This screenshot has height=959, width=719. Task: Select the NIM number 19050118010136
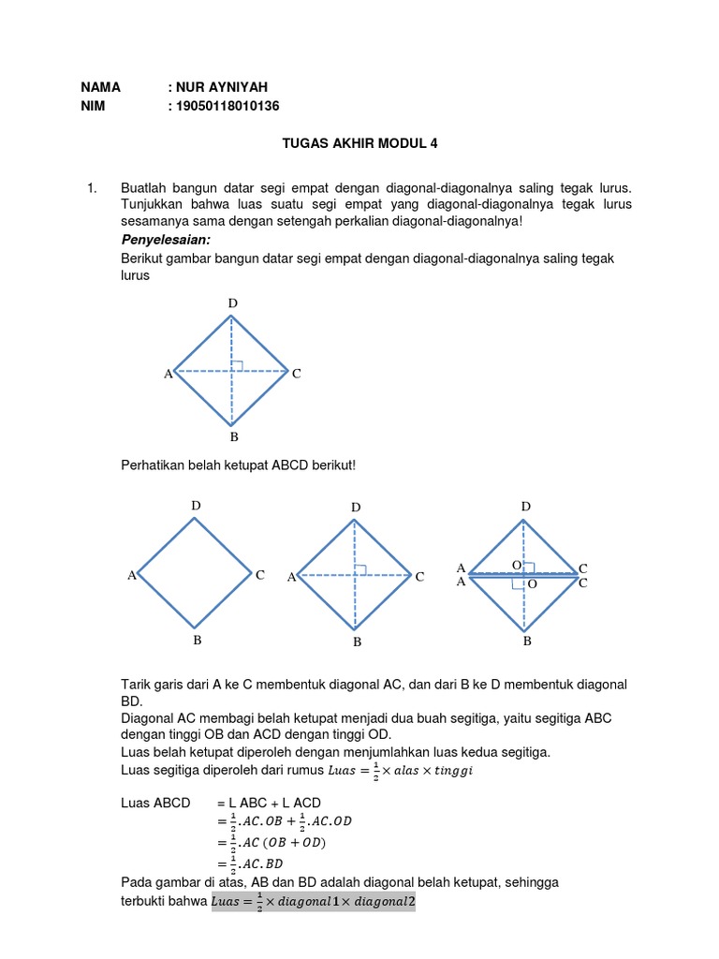pyautogui.click(x=227, y=106)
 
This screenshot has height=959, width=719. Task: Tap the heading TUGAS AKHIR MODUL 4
pyautogui.click(x=359, y=144)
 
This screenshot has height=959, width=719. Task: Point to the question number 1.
pyautogui.click(x=92, y=188)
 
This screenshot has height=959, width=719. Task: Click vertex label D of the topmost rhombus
pyautogui.click(x=232, y=303)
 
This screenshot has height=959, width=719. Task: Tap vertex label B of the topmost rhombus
pyautogui.click(x=233, y=437)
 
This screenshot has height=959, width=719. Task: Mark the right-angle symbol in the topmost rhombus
pyautogui.click(x=238, y=365)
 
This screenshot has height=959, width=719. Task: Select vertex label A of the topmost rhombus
pyautogui.click(x=169, y=374)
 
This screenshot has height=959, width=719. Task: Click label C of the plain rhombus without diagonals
pyautogui.click(x=260, y=575)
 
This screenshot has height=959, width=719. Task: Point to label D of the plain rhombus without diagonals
pyautogui.click(x=196, y=506)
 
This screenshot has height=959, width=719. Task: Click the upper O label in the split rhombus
pyautogui.click(x=516, y=566)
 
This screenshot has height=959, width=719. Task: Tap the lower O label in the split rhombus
pyautogui.click(x=533, y=583)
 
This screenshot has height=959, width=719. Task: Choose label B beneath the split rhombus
pyautogui.click(x=527, y=642)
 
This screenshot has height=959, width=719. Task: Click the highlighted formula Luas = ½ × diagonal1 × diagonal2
pyautogui.click(x=314, y=902)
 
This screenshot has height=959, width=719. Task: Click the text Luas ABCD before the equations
pyautogui.click(x=155, y=804)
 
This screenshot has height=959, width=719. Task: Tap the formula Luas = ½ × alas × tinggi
pyautogui.click(x=396, y=770)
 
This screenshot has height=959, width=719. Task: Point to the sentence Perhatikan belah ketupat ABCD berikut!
pyautogui.click(x=239, y=465)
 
